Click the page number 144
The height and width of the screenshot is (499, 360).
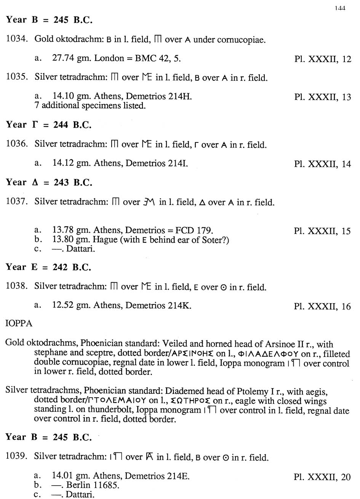coord(340,8)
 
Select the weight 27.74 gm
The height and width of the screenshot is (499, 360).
coord(72,58)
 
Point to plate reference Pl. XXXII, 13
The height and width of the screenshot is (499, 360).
coord(323,97)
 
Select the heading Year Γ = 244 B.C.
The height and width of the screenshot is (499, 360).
coord(49,125)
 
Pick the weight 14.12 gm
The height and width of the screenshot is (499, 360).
coord(72,163)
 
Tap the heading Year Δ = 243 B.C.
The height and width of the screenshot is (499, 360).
coord(49,182)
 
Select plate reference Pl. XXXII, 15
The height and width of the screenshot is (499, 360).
coord(323,231)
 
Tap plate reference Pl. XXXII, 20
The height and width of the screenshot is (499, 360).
coord(323,477)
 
